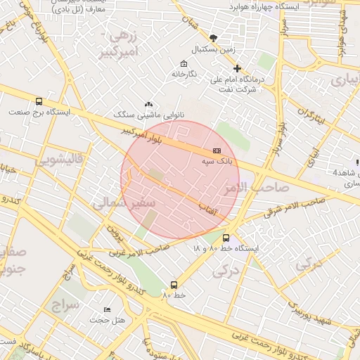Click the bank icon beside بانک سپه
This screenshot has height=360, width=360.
pos(216,151)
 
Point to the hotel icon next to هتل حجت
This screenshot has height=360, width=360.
pos(107,309)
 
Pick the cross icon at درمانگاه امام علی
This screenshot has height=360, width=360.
pos(237,69)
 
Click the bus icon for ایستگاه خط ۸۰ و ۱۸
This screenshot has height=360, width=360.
pos(226,238)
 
